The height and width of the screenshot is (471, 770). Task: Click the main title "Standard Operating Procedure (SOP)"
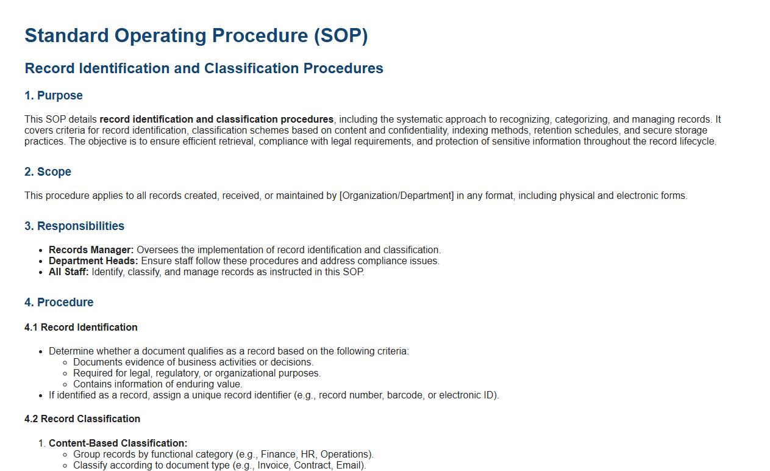pyautogui.click(x=196, y=36)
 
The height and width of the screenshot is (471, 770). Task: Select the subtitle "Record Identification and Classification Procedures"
pyautogui.click(x=204, y=68)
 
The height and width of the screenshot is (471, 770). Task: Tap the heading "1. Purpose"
pyautogui.click(x=53, y=95)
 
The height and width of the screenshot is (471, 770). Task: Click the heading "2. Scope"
pyautogui.click(x=48, y=171)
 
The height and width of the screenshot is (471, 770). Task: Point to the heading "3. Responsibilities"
pyautogui.click(x=74, y=226)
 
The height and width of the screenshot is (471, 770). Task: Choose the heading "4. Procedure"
pyautogui.click(x=59, y=302)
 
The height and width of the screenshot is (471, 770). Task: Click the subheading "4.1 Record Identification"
pyautogui.click(x=81, y=327)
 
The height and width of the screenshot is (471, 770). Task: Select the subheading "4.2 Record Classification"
pyautogui.click(x=82, y=419)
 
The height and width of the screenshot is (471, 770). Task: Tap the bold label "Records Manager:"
pyautogui.click(x=91, y=250)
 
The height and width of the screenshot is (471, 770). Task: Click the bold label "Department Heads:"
pyautogui.click(x=93, y=261)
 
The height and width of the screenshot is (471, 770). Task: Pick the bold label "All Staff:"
pyautogui.click(x=69, y=271)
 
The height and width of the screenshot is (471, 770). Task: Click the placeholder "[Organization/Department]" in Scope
pyautogui.click(x=397, y=195)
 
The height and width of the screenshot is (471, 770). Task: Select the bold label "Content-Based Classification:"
pyautogui.click(x=118, y=443)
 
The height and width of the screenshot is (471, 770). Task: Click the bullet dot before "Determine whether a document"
pyautogui.click(x=41, y=351)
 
